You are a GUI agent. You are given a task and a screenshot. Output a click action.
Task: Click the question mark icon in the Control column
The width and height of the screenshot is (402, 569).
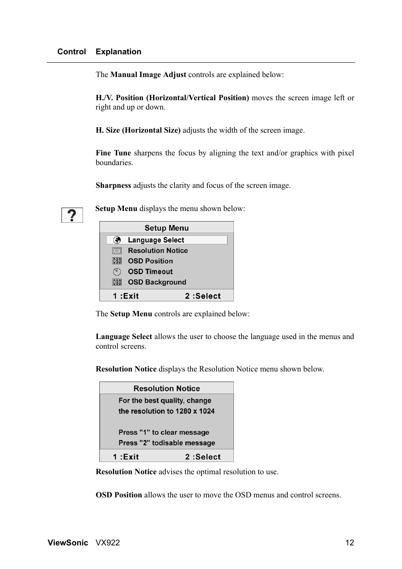point(72,215)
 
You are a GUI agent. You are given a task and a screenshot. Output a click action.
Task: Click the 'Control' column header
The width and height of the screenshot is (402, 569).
point(71,52)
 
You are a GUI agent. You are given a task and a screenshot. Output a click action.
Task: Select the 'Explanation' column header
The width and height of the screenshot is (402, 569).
point(118,52)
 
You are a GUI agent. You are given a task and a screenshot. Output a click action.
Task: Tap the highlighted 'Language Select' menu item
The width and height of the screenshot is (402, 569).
point(156,240)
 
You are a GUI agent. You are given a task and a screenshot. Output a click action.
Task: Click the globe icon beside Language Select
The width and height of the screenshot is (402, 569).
point(117,240)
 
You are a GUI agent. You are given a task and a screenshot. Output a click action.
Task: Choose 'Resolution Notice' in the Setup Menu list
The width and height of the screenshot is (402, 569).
point(158,251)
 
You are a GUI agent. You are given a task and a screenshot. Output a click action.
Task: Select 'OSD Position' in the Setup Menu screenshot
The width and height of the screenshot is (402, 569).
point(150,261)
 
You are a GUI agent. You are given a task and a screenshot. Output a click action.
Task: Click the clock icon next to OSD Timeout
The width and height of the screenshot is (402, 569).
point(117,272)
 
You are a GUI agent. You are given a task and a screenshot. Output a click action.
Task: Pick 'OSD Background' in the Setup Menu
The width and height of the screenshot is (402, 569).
point(157,282)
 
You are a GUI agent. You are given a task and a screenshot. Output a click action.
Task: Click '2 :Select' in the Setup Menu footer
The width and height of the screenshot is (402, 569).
point(203,296)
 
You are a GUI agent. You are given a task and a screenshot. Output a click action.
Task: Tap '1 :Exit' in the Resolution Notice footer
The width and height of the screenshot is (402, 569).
point(126,457)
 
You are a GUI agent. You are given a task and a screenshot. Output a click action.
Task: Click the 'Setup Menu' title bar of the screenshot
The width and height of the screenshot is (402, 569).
point(166,228)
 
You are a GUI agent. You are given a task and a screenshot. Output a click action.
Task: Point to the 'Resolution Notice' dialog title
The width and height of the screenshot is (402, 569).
point(166,388)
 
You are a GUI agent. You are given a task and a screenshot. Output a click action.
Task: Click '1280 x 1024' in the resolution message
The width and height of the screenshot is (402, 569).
point(195,411)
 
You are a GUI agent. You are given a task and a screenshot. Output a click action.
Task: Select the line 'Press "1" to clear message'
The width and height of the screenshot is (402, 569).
point(163,433)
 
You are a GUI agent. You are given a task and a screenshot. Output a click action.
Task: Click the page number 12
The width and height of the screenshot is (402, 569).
point(350,543)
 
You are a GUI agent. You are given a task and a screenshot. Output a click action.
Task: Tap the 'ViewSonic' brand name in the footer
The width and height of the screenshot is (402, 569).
point(68,543)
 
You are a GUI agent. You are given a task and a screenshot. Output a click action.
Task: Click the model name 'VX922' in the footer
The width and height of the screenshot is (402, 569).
point(108,543)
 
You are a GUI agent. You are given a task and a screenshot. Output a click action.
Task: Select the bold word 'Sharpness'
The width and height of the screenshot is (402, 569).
point(113,186)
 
